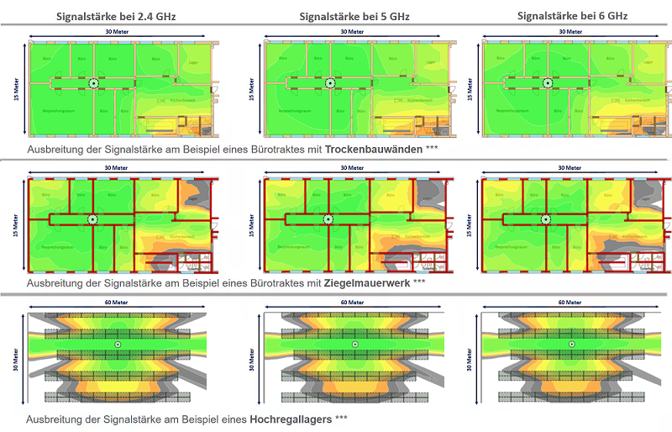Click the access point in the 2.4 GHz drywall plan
point(93,83)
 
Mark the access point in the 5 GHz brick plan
point(328,219)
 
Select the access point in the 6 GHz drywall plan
point(547,83)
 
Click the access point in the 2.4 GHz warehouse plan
point(118,345)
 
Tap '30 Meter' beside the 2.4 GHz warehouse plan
point(18,356)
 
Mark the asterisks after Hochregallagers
point(341,418)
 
